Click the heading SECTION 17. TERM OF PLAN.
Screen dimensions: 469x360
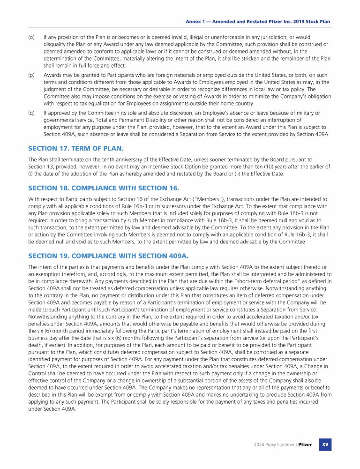[76, 148]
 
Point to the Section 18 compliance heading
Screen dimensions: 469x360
[104, 188]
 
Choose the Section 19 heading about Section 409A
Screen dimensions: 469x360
[108, 256]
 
